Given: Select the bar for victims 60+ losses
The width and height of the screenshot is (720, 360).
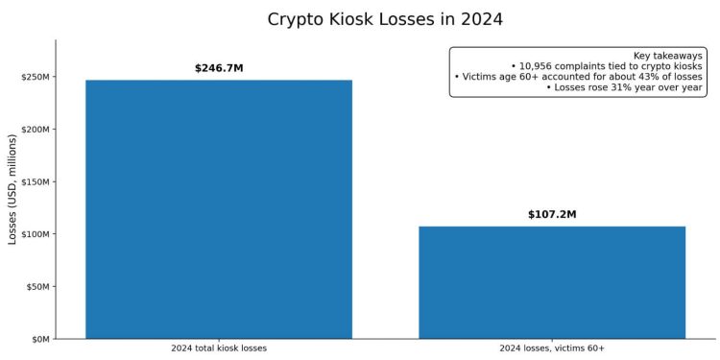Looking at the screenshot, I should click(552, 282).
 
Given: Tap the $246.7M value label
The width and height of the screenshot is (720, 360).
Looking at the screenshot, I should click(219, 68).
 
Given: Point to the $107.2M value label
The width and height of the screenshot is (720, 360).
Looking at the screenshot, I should click(552, 214).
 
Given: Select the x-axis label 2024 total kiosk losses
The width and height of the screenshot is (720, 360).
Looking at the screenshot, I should click(219, 348).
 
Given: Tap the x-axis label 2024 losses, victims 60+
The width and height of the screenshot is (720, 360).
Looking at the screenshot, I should click(552, 348).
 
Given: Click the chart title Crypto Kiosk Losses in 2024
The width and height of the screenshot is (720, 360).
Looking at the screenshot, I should click(384, 19).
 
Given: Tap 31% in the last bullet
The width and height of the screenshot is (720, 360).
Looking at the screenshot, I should click(610, 87).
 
